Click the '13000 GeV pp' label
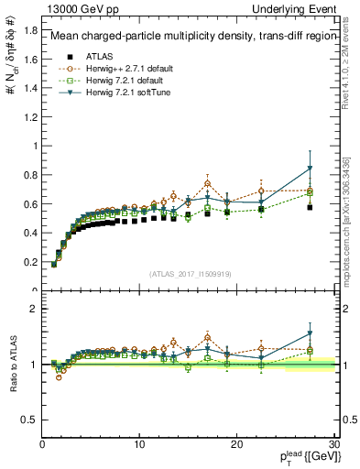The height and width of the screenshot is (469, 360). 74,8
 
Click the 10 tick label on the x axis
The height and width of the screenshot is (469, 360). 139,445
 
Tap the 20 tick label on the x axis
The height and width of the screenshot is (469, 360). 236,445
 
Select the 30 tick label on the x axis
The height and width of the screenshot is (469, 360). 333,445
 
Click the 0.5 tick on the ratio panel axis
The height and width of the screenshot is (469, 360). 29,420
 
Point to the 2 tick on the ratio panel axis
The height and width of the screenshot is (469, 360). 33,310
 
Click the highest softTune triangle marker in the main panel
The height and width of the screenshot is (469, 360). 310,169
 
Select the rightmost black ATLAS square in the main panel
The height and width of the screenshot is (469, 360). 310,207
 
